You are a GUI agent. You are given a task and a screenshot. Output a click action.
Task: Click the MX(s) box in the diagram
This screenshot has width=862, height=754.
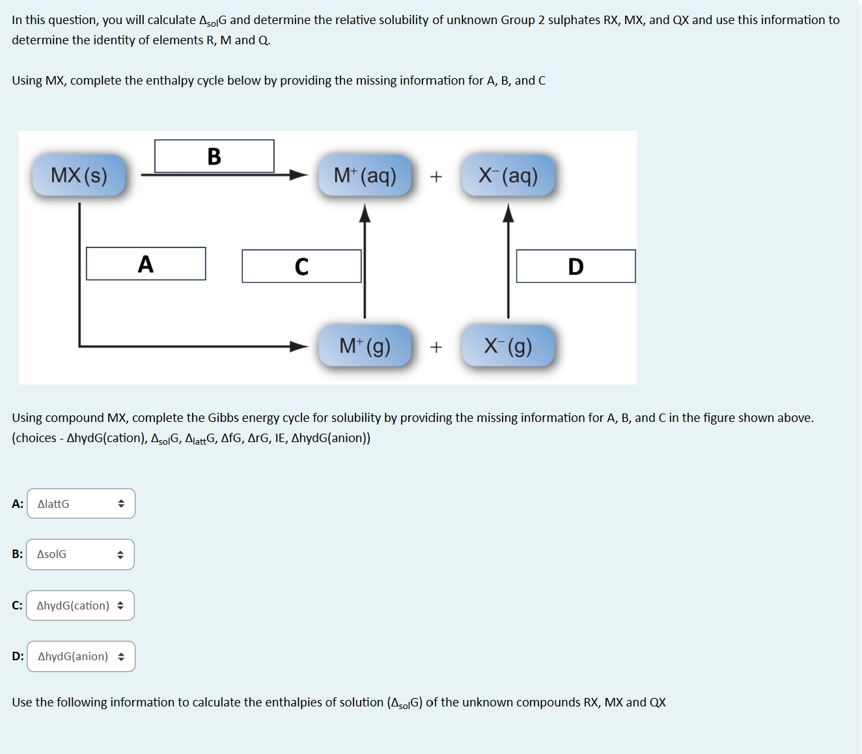pyautogui.click(x=79, y=175)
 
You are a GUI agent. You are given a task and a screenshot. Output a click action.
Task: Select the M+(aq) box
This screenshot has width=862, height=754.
pyautogui.click(x=365, y=175)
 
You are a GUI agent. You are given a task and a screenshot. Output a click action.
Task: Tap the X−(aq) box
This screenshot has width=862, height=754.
pyautogui.click(x=508, y=175)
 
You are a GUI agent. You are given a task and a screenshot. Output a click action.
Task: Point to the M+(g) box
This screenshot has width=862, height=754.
pyautogui.click(x=365, y=346)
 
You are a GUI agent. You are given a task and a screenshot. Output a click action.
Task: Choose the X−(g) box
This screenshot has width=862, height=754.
pyautogui.click(x=508, y=346)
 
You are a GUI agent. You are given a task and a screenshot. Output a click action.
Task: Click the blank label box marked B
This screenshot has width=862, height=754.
pyautogui.click(x=214, y=156)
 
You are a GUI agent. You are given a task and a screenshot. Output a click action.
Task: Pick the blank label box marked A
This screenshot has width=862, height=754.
pyautogui.click(x=146, y=264)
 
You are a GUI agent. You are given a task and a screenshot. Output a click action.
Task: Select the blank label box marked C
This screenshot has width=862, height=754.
pyautogui.click(x=301, y=266)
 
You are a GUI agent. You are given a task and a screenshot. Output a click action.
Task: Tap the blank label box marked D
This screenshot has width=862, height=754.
pyautogui.click(x=576, y=266)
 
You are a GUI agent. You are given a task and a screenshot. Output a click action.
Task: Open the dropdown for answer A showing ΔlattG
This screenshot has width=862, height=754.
pyautogui.click(x=81, y=504)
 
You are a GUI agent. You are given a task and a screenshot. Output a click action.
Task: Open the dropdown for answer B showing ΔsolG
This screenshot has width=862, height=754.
pyautogui.click(x=81, y=554)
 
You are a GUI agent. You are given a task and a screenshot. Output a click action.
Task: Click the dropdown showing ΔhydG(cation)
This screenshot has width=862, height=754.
pyautogui.click(x=81, y=606)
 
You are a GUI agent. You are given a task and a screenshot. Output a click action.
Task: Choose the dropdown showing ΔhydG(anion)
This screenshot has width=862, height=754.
pyautogui.click(x=81, y=656)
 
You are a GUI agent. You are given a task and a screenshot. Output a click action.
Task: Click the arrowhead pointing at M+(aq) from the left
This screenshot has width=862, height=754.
pyautogui.click(x=299, y=175)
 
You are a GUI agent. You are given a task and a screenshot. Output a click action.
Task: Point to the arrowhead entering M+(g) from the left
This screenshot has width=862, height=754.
pyautogui.click(x=299, y=346)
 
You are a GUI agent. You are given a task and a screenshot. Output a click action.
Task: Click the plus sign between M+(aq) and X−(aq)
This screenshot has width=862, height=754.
pyautogui.click(x=436, y=176)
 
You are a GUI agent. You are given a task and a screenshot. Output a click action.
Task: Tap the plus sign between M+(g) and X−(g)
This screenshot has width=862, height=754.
pyautogui.click(x=436, y=347)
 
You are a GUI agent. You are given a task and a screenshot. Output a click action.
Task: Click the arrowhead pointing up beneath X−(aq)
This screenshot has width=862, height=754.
pyautogui.click(x=508, y=213)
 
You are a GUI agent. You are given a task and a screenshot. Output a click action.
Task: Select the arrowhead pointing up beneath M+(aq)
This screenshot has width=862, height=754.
pyautogui.click(x=365, y=213)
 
